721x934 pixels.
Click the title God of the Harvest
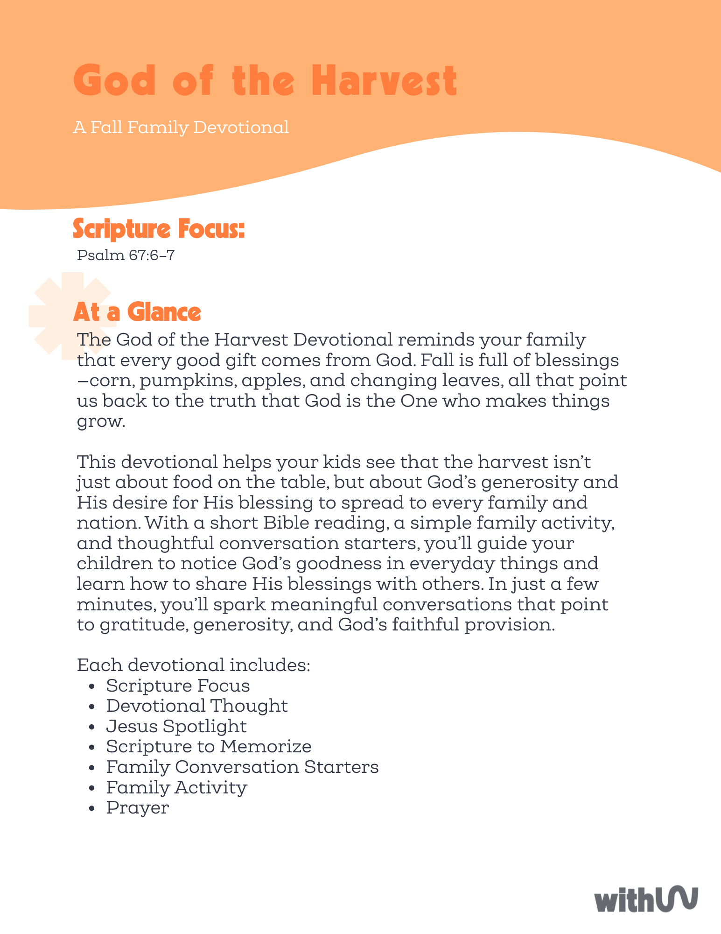[265, 81]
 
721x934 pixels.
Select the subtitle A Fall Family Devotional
[181, 127]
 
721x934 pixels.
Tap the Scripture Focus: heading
[159, 229]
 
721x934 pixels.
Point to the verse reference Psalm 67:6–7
[126, 255]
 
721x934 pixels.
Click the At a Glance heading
[137, 312]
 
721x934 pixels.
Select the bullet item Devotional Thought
[196, 706]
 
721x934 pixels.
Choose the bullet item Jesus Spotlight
[176, 726]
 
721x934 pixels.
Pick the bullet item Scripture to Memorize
[209, 746]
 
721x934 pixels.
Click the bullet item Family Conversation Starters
[242, 767]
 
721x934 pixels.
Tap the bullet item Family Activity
[176, 787]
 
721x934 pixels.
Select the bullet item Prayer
[137, 807]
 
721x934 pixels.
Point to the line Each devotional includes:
[194, 665]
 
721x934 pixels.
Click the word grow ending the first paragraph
[99, 422]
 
